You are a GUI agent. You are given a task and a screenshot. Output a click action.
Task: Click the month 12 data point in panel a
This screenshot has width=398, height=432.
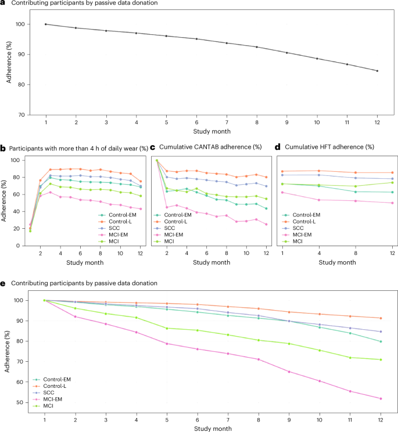[x=377, y=71]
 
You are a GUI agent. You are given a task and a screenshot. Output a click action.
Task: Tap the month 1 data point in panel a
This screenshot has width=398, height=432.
[x=45, y=24]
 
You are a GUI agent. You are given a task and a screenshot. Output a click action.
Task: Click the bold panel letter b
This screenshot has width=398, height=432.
[x=3, y=149]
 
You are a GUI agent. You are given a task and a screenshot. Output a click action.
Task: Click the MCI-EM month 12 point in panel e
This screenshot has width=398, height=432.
[x=381, y=398]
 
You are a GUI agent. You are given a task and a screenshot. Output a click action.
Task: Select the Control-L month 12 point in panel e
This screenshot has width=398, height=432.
[x=381, y=318]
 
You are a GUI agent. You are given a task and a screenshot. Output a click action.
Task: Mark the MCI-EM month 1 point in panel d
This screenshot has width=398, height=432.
[x=283, y=192]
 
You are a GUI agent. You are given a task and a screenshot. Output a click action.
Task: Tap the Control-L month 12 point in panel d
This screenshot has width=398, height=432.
[x=392, y=172]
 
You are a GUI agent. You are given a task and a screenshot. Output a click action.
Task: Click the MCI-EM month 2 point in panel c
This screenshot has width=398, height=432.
[x=167, y=207]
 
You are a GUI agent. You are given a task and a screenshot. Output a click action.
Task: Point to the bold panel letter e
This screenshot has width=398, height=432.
[x=3, y=283]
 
